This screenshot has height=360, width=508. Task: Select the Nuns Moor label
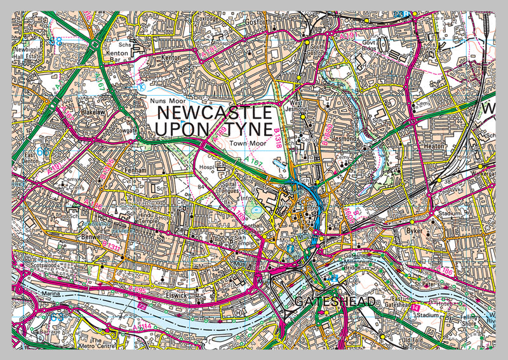pos(164,100)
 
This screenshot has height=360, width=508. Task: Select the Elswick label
pos(176,295)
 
